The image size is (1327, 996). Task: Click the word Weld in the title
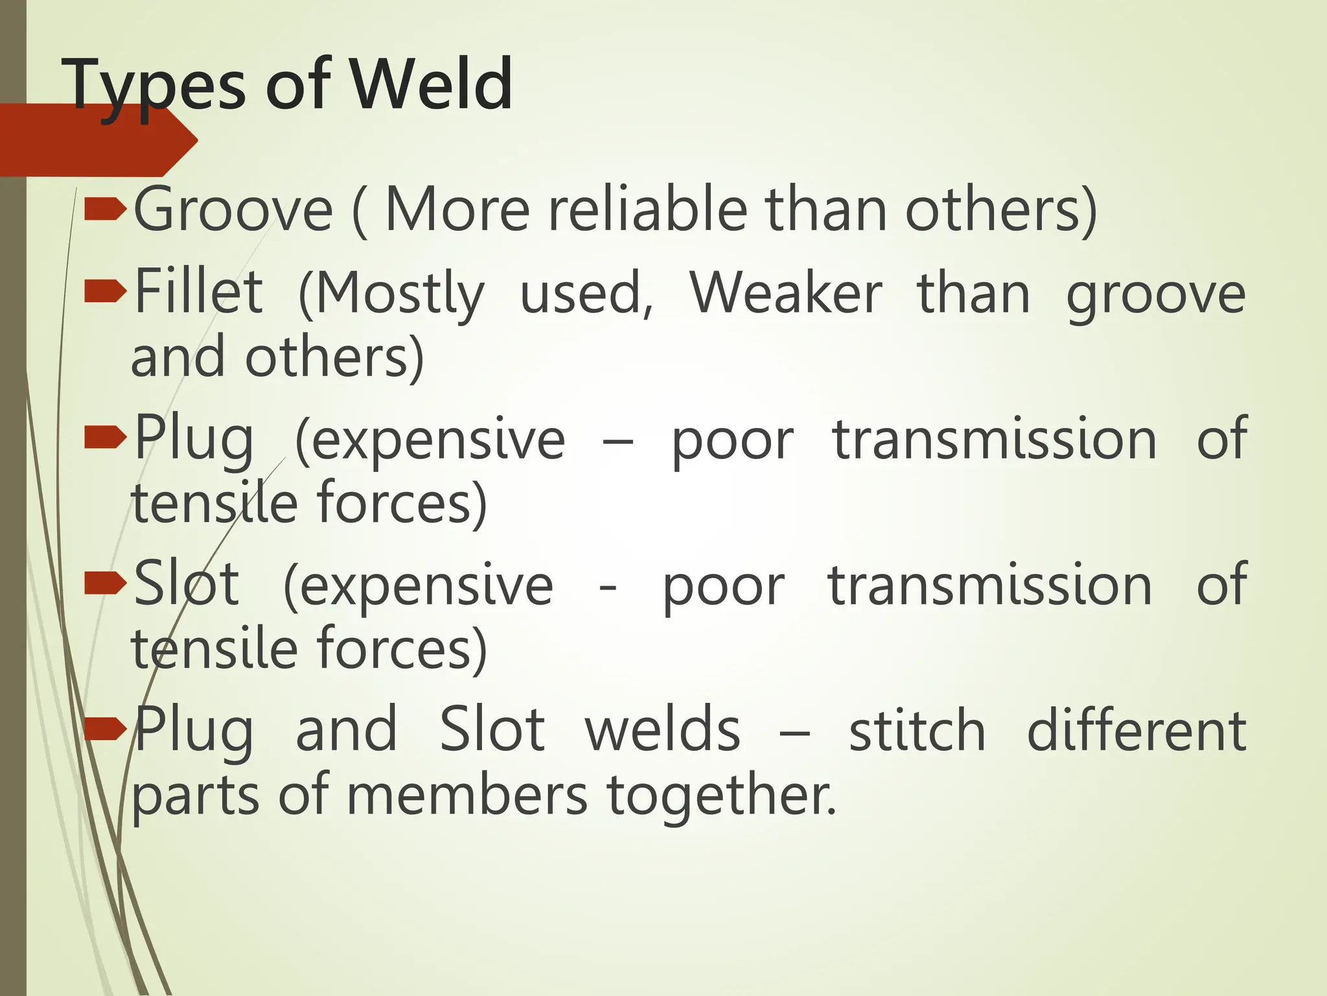click(x=432, y=84)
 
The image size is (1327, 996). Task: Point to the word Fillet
click(x=198, y=292)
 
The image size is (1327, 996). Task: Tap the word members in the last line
click(x=467, y=796)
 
